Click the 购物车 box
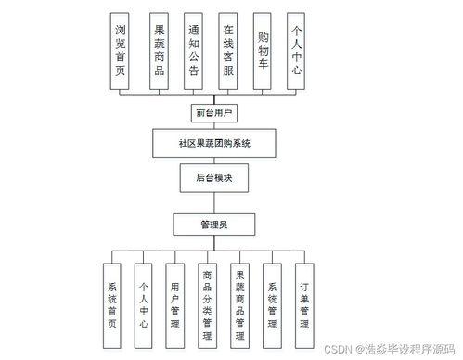(264, 52)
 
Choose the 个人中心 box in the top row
(298, 52)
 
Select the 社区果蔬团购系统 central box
(214, 144)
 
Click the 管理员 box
(213, 224)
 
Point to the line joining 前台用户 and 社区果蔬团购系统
(214, 127)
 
